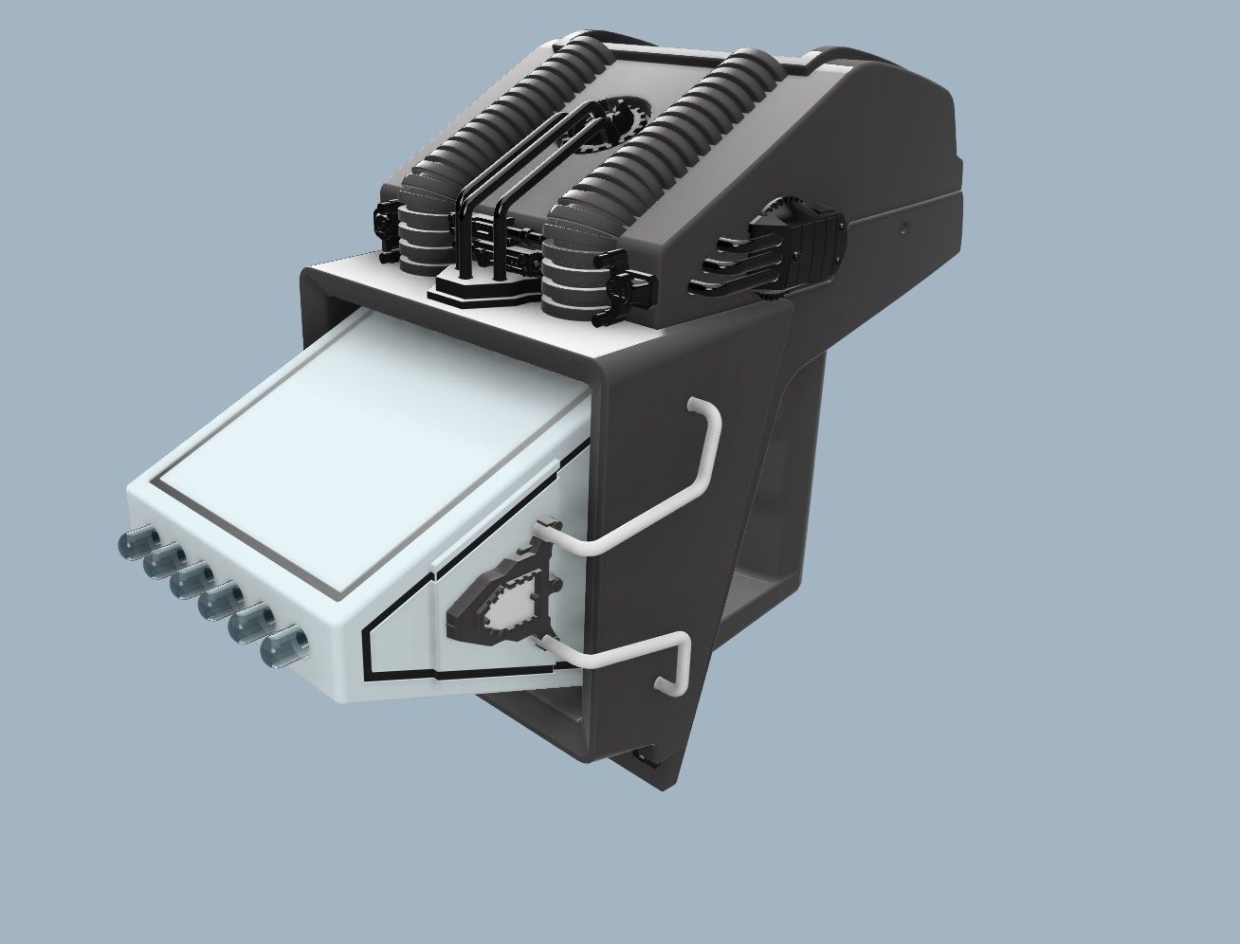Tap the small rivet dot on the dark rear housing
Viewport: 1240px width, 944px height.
[904, 227]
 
